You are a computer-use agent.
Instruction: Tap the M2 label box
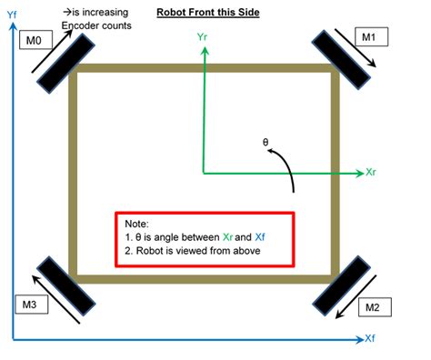[371, 307]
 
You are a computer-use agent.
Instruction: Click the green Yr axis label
[202, 39]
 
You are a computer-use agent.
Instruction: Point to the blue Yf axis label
[12, 15]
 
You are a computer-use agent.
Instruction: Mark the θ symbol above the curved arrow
[266, 142]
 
